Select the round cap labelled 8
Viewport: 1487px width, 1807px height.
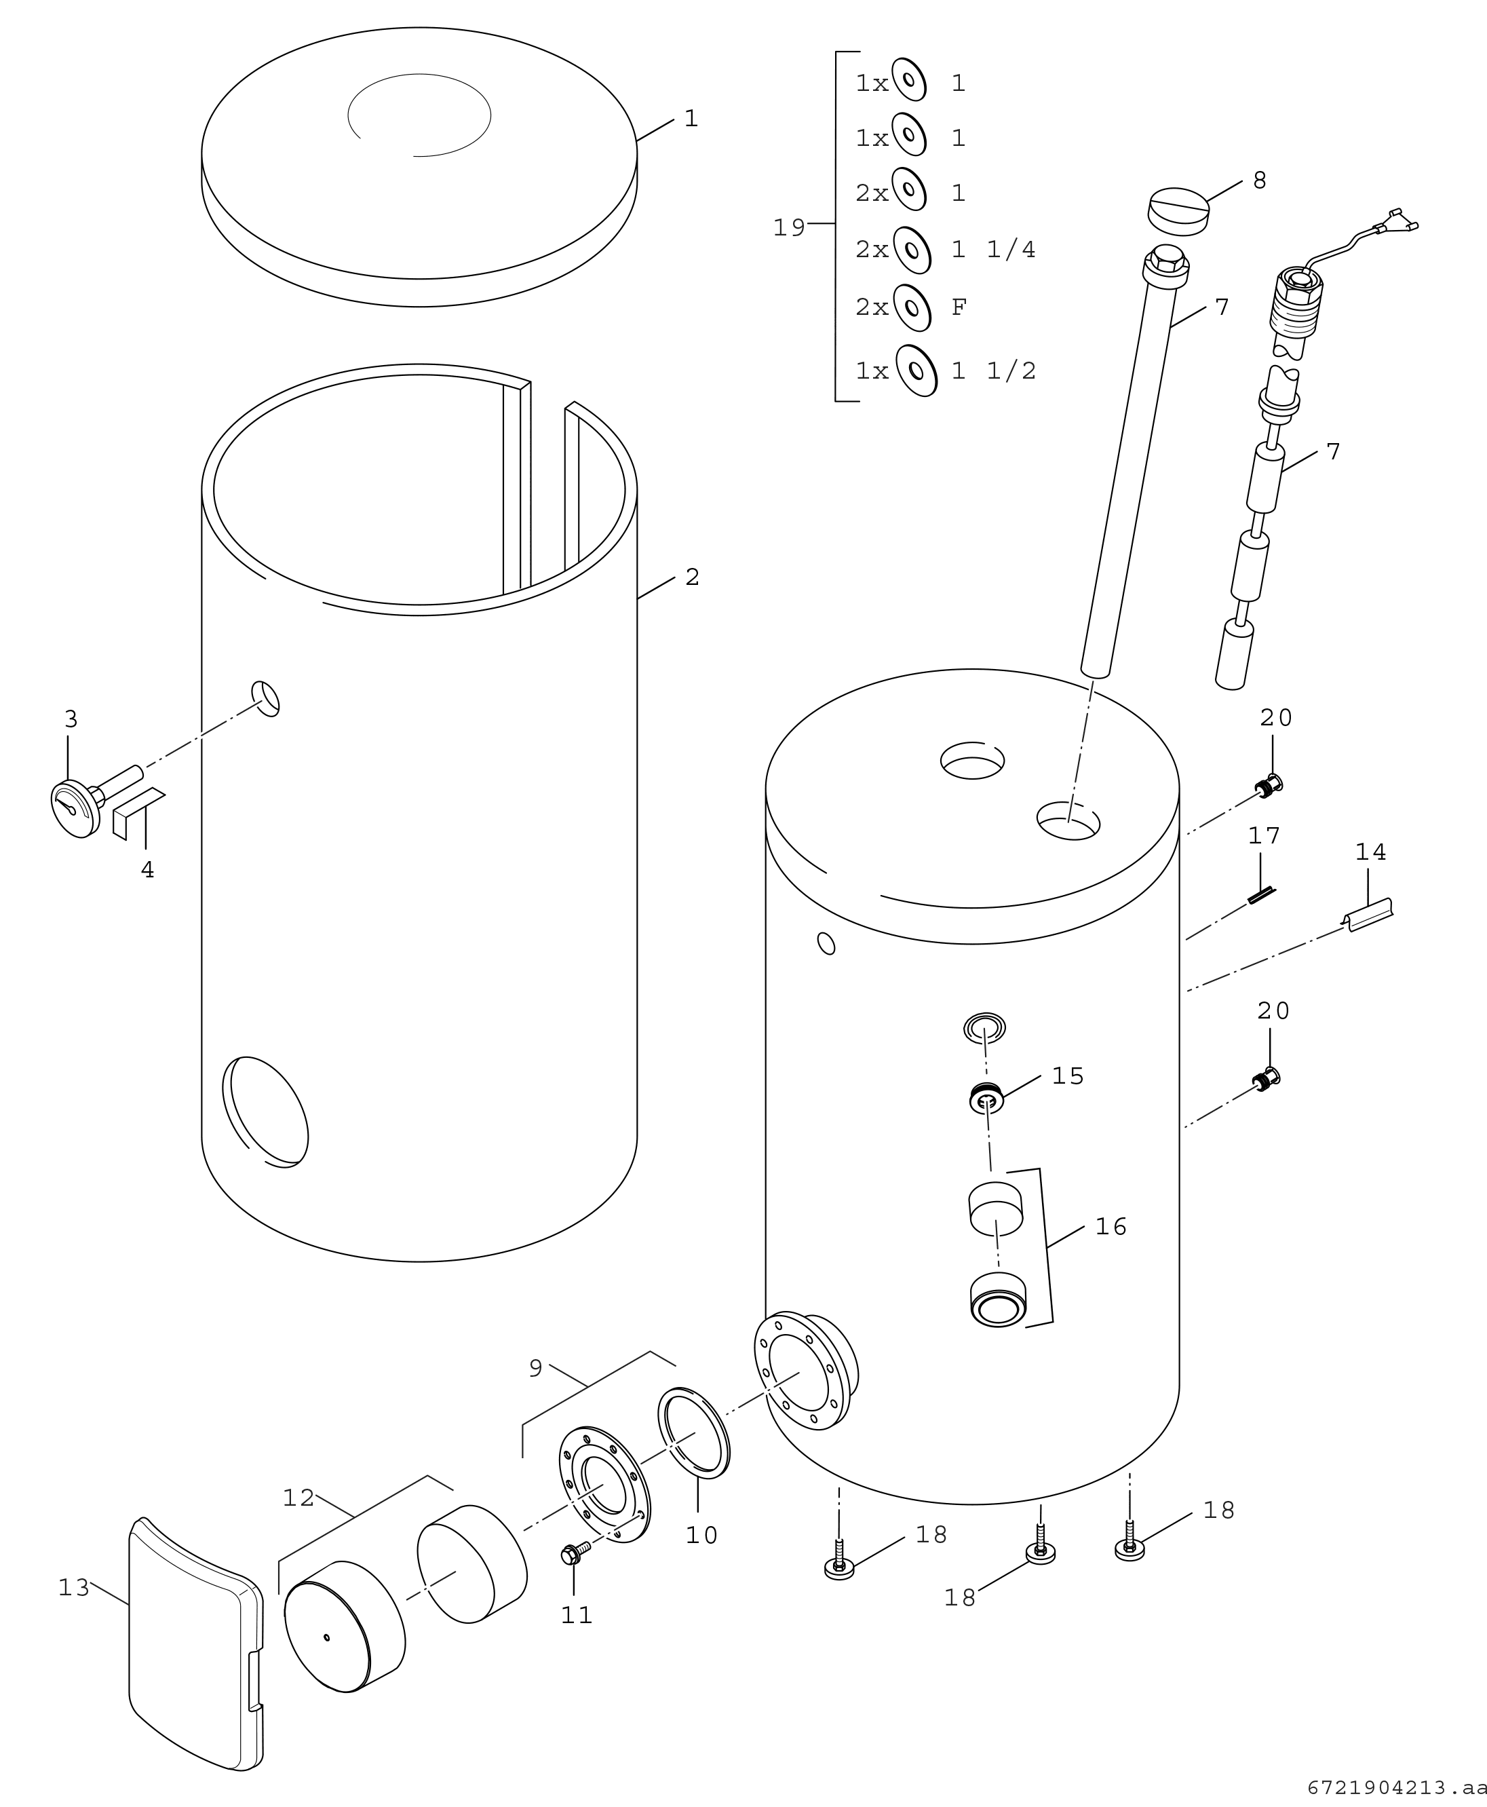coord(1178,211)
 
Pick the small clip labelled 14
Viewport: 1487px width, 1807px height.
coord(1369,915)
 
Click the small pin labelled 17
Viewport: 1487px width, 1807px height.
coord(1261,896)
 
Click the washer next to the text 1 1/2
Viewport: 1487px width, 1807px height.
coord(916,370)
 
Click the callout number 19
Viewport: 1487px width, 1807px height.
coord(788,228)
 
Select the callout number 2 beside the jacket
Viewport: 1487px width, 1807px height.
coord(692,577)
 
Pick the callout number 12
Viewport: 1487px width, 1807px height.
coord(298,1498)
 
